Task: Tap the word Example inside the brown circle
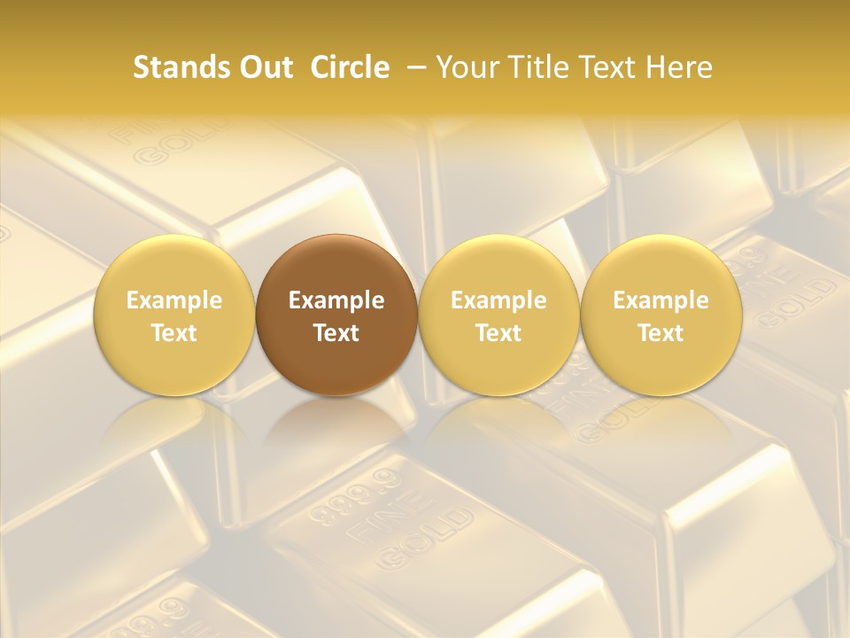pyautogui.click(x=336, y=301)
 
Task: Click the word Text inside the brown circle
pyautogui.click(x=336, y=333)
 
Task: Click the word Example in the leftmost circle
pyautogui.click(x=174, y=301)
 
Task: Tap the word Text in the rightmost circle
pyautogui.click(x=661, y=333)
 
